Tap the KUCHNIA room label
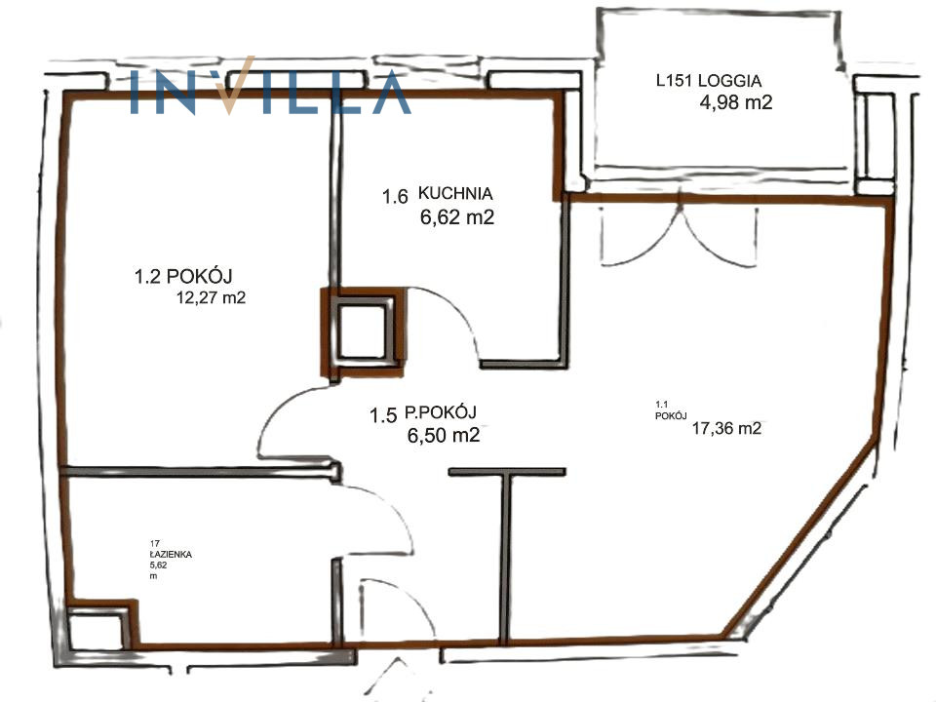click(455, 193)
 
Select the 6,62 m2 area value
click(457, 217)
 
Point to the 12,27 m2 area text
click(211, 297)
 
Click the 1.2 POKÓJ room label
click(183, 276)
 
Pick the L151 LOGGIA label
click(709, 81)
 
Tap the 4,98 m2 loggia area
click(736, 102)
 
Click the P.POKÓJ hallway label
click(440, 412)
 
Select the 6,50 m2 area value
click(444, 435)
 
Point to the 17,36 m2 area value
click(726, 428)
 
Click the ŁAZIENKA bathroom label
click(171, 555)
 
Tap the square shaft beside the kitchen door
click(364, 332)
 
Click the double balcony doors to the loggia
click(680, 236)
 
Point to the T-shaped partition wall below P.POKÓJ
click(507, 555)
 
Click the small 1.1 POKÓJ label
click(671, 410)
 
